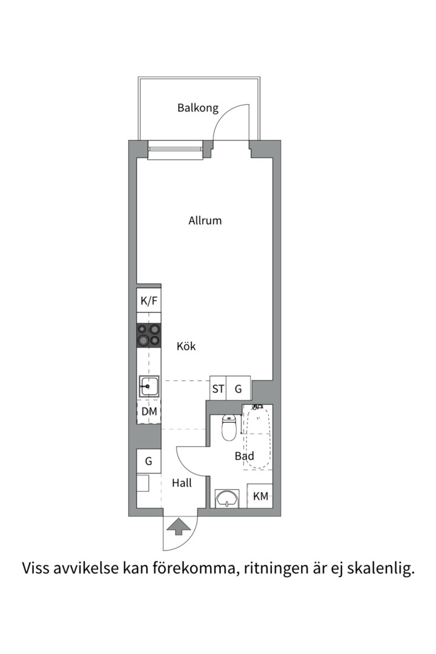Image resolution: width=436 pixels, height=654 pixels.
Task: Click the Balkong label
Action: [198, 108]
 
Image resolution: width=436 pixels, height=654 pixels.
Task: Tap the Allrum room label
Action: [205, 220]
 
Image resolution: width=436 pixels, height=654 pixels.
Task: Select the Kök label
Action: [186, 346]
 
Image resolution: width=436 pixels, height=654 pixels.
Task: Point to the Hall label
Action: [182, 483]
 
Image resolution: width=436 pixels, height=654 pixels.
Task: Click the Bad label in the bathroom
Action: [245, 456]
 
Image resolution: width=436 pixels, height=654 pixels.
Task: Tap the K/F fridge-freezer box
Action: [149, 301]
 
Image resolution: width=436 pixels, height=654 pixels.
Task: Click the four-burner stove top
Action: [149, 335]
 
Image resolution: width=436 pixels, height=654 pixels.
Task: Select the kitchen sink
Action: [149, 386]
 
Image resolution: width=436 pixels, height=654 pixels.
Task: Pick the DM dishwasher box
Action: [149, 412]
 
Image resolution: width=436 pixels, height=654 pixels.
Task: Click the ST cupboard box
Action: [218, 389]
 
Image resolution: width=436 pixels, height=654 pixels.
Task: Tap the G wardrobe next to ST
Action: [239, 389]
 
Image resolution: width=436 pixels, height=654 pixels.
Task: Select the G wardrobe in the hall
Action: [149, 461]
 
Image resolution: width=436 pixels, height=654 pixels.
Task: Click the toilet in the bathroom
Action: [229, 427]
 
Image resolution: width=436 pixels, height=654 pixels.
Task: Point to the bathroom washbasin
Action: [227, 498]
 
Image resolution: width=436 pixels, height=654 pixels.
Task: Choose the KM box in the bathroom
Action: [260, 496]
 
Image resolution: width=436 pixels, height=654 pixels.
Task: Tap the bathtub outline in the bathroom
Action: [257, 437]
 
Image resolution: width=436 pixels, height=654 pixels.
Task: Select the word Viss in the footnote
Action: [36, 567]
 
